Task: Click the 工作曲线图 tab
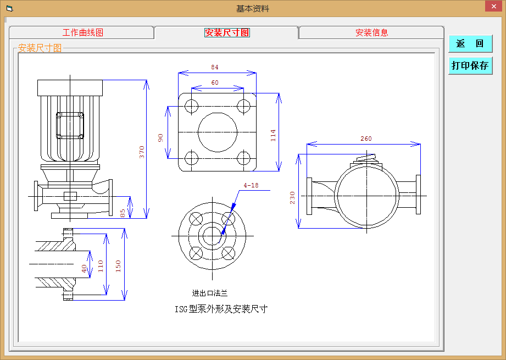[x=82, y=32]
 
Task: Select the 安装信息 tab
[x=371, y=32]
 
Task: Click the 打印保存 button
[x=470, y=66]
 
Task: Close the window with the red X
[x=494, y=6]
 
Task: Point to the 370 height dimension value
[x=142, y=152]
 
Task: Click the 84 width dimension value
[x=215, y=67]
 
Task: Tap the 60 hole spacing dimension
[x=215, y=82]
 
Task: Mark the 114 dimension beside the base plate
[x=273, y=136]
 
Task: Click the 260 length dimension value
[x=366, y=139]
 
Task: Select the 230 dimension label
[x=292, y=198]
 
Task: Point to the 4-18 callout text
[x=251, y=185]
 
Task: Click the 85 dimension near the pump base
[x=123, y=213]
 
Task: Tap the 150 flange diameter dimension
[x=118, y=266]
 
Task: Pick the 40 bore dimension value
[x=84, y=269]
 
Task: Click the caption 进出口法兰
[x=210, y=293]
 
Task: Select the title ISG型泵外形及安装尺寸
[x=221, y=309]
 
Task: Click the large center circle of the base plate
[x=217, y=132]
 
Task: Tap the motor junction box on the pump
[x=70, y=126]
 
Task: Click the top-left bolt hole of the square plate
[x=191, y=106]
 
